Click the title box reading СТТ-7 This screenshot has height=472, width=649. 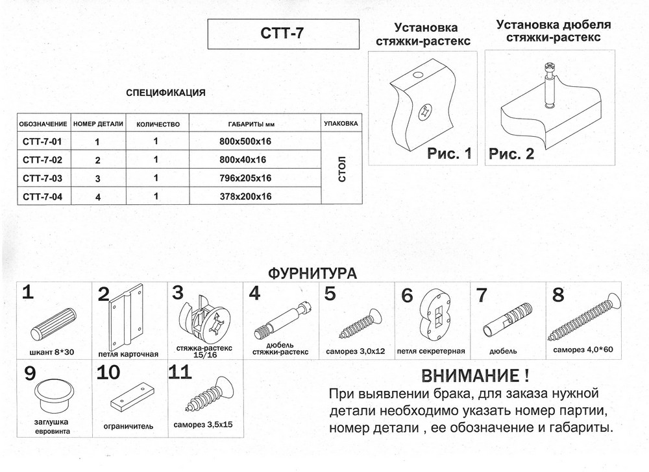(x=283, y=34)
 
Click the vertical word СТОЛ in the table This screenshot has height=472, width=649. (x=342, y=169)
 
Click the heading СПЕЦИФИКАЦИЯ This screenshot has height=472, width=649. (x=165, y=93)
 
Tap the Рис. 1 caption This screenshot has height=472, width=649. (x=450, y=154)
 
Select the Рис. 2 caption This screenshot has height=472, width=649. (x=511, y=154)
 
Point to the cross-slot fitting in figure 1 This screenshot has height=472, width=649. (x=424, y=112)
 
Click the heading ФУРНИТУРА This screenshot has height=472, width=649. (x=312, y=274)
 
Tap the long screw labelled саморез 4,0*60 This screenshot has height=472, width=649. (x=585, y=318)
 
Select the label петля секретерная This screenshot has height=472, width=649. (x=431, y=351)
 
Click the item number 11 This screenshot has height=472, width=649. (x=180, y=372)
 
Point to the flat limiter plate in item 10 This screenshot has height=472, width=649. (x=132, y=397)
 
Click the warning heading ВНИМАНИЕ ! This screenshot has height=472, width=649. (x=475, y=375)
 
